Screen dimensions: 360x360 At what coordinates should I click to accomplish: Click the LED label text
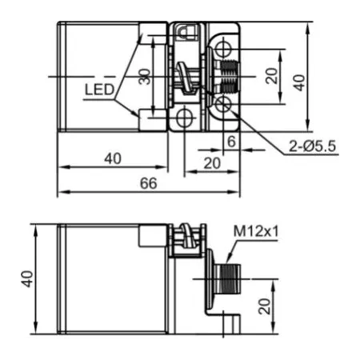[99, 90]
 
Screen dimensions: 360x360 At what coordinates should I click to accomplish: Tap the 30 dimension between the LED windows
[145, 77]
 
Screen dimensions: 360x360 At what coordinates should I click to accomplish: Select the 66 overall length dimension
[149, 183]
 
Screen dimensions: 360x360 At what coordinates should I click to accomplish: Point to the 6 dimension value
[231, 142]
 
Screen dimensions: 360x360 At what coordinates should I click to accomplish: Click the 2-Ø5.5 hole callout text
[312, 146]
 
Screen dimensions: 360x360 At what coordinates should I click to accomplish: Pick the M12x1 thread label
[256, 231]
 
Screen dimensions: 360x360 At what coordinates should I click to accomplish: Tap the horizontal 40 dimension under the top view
[113, 158]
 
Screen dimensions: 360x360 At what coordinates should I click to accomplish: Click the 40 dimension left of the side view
[27, 279]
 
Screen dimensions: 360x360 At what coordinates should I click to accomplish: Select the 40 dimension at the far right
[299, 82]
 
